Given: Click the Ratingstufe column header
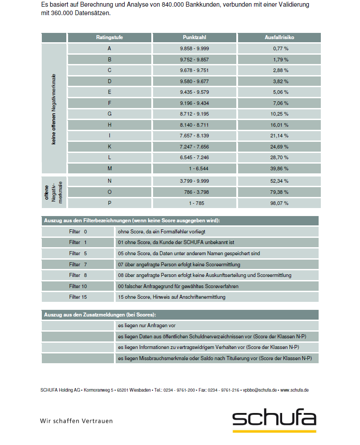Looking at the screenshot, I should click(x=109, y=38).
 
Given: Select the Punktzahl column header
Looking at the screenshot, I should click(x=194, y=38).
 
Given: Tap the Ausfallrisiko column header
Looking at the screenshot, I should click(x=279, y=38).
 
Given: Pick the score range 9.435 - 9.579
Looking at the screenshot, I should click(x=194, y=92).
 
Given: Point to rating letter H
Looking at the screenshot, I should click(x=109, y=125).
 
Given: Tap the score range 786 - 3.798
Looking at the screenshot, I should click(x=194, y=192).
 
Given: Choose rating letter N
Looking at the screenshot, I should click(x=109, y=181).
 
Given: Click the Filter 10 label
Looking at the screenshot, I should click(x=78, y=286).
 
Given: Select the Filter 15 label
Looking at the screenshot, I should click(x=78, y=297).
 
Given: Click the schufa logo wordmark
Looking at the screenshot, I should click(x=274, y=419).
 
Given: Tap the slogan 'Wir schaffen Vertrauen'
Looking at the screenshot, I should click(x=77, y=421).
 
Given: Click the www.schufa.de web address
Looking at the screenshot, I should click(x=294, y=390).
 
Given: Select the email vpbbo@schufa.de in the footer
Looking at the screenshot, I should click(x=260, y=390).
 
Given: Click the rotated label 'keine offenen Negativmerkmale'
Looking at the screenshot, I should click(x=54, y=109).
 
